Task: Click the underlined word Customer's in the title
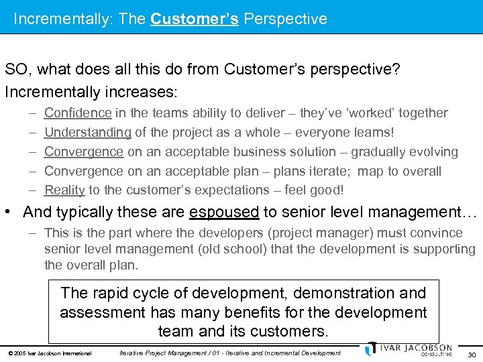(195, 18)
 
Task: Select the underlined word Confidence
(78, 113)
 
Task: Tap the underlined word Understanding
(87, 132)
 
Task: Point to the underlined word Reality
(64, 190)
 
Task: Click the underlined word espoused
(224, 213)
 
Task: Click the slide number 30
(471, 354)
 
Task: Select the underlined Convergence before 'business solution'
(84, 152)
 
